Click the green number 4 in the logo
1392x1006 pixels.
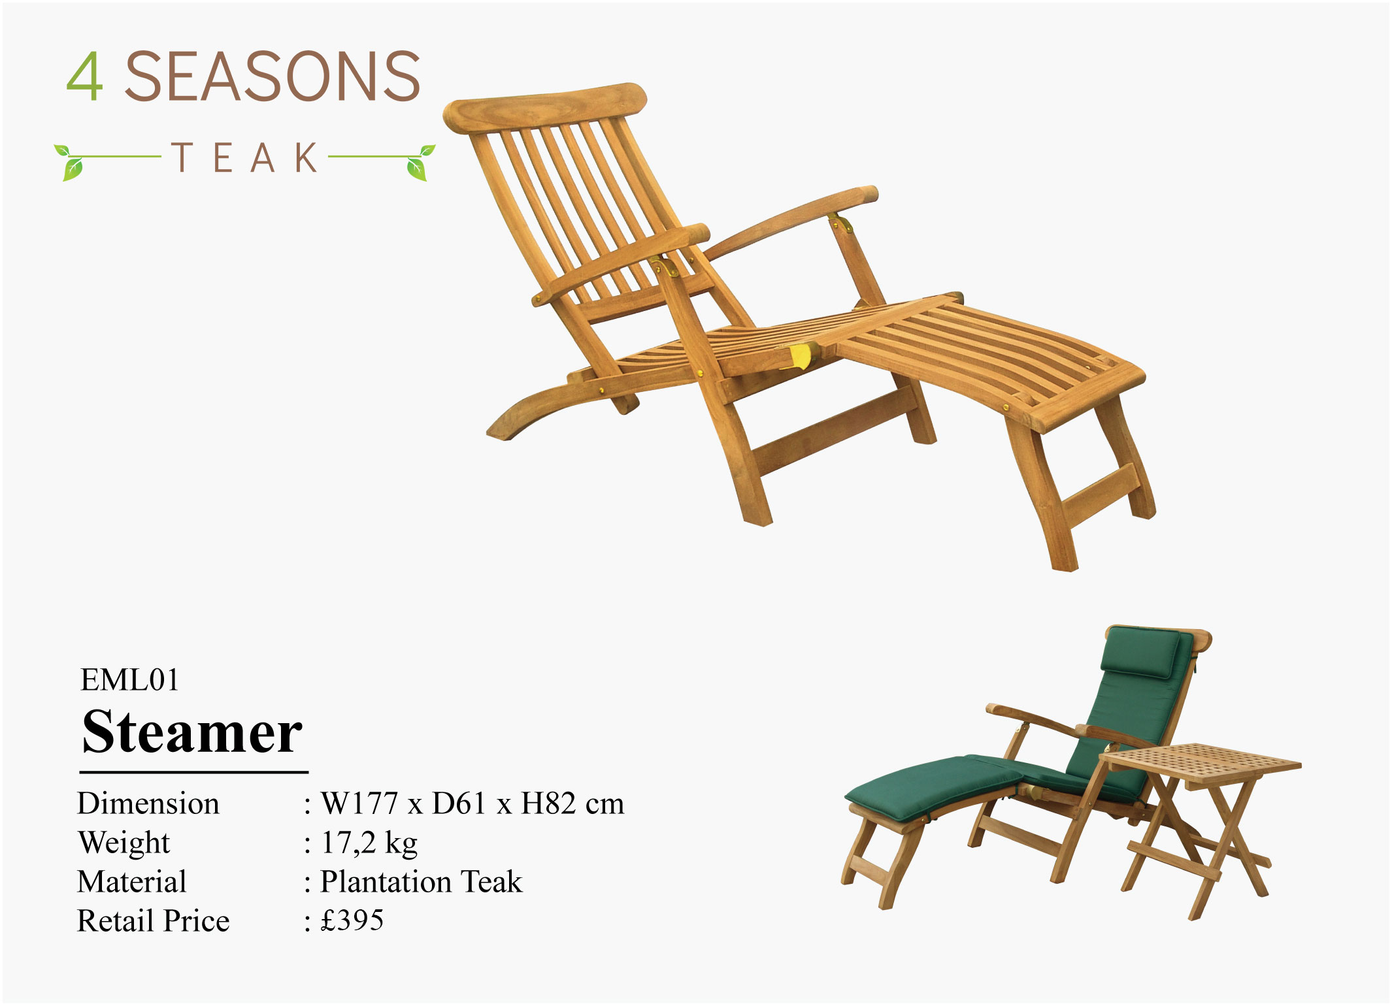click(x=84, y=76)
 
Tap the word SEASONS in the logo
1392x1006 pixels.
click(x=272, y=76)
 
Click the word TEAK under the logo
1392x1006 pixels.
click(x=246, y=157)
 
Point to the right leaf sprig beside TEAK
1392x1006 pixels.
click(x=419, y=161)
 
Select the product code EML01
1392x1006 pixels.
click(x=129, y=680)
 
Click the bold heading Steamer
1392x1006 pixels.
click(x=192, y=732)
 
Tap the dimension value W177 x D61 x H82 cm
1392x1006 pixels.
click(x=472, y=803)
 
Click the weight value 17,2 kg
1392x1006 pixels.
click(x=369, y=843)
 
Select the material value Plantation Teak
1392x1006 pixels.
click(x=422, y=882)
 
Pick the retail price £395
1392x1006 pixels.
click(x=352, y=920)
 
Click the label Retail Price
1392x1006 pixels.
click(x=154, y=921)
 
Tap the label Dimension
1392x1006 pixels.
click(x=148, y=803)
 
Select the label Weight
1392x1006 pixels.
click(x=124, y=843)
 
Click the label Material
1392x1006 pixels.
click(x=132, y=882)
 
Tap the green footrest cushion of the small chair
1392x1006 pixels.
click(x=935, y=787)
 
